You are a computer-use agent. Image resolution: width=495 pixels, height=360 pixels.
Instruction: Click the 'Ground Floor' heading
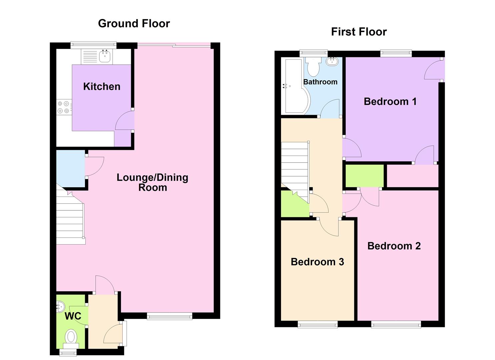pyautogui.click(x=134, y=23)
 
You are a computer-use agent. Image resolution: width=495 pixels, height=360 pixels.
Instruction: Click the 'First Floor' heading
pyautogui.click(x=359, y=32)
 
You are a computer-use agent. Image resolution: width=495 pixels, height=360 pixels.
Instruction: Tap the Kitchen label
pyautogui.click(x=102, y=86)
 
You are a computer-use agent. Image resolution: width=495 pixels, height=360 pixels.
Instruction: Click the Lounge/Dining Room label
pyautogui.click(x=152, y=182)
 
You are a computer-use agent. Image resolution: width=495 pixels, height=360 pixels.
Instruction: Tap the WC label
pyautogui.click(x=73, y=316)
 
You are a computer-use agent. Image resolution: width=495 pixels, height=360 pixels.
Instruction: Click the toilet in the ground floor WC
pyautogui.click(x=71, y=337)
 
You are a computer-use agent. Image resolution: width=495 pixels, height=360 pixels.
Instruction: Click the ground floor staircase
pyautogui.click(x=70, y=220)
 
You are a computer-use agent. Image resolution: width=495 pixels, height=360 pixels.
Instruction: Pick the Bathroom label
pyautogui.click(x=320, y=82)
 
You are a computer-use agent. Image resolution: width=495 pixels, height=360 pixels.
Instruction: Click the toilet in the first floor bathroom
pyautogui.click(x=313, y=67)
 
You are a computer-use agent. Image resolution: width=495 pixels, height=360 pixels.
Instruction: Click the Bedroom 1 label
pyautogui.click(x=390, y=101)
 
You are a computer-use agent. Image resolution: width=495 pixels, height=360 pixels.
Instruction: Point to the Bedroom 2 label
pyautogui.click(x=394, y=246)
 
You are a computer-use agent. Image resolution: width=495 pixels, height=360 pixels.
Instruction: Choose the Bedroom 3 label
pyautogui.click(x=317, y=262)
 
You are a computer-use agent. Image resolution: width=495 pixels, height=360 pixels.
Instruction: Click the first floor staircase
pyautogui.click(x=295, y=167)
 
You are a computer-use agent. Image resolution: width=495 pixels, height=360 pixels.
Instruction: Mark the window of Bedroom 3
pyautogui.click(x=317, y=324)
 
